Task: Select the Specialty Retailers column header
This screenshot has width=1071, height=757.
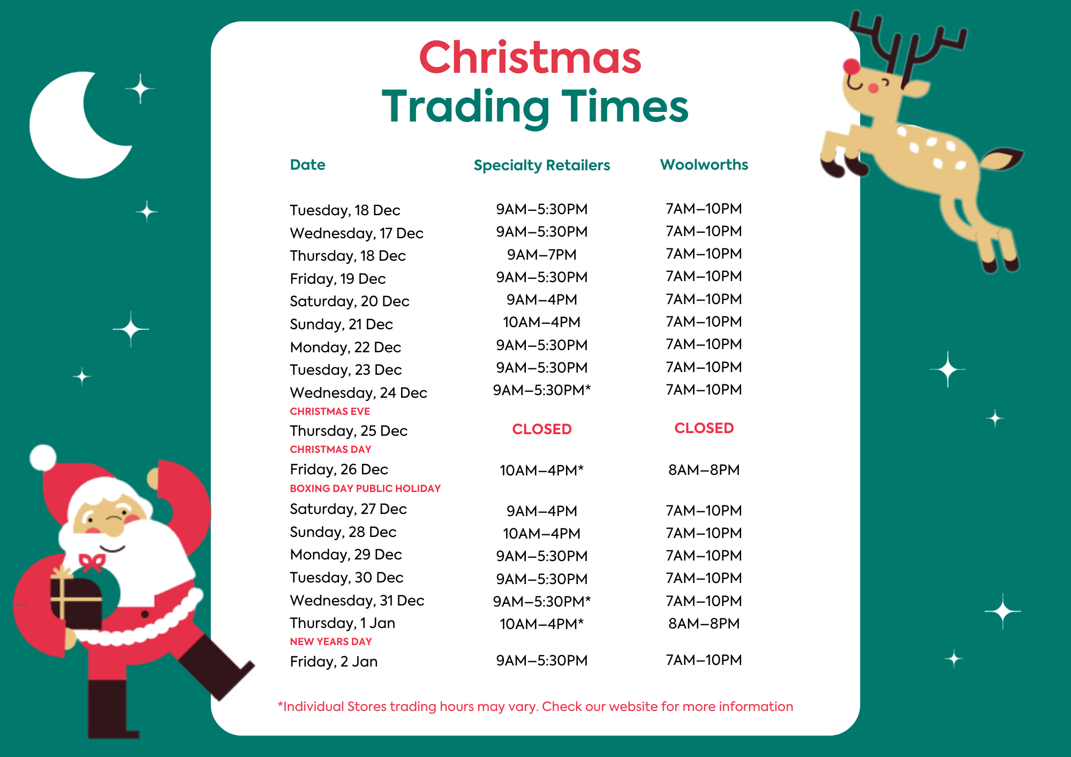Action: pos(541,165)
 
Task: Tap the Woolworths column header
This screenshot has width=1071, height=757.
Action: pos(704,164)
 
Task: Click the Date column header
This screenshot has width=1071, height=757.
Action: pos(307,164)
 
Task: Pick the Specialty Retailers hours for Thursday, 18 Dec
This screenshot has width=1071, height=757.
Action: pos(541,254)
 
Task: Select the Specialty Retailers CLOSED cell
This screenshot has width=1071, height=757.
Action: pos(541,429)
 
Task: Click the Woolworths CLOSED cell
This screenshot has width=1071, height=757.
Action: pos(704,428)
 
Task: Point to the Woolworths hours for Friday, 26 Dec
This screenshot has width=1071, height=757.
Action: pos(704,470)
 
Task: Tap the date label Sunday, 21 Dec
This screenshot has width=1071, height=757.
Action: pos(341,324)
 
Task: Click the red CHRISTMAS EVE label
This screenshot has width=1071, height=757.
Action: pos(330,411)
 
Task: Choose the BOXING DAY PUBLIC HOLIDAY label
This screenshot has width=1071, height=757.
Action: pos(365,488)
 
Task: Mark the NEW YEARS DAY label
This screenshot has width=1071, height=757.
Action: pos(330,641)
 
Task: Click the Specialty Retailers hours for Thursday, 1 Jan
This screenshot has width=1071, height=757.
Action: pos(541,624)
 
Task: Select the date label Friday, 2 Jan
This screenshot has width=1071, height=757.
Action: pos(334,662)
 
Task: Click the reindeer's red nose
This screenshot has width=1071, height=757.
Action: pos(851,67)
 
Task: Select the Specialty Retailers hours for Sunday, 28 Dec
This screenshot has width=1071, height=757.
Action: pos(541,533)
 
